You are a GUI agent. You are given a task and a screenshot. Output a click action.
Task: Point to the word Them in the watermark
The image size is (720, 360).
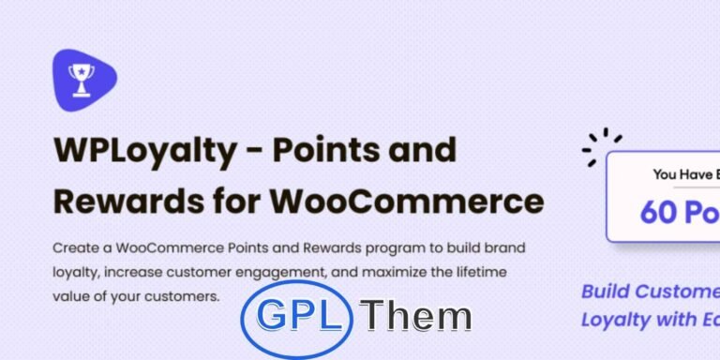pos(419,317)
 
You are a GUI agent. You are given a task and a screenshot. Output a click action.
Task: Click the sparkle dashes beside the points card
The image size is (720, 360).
pos(601,148)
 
